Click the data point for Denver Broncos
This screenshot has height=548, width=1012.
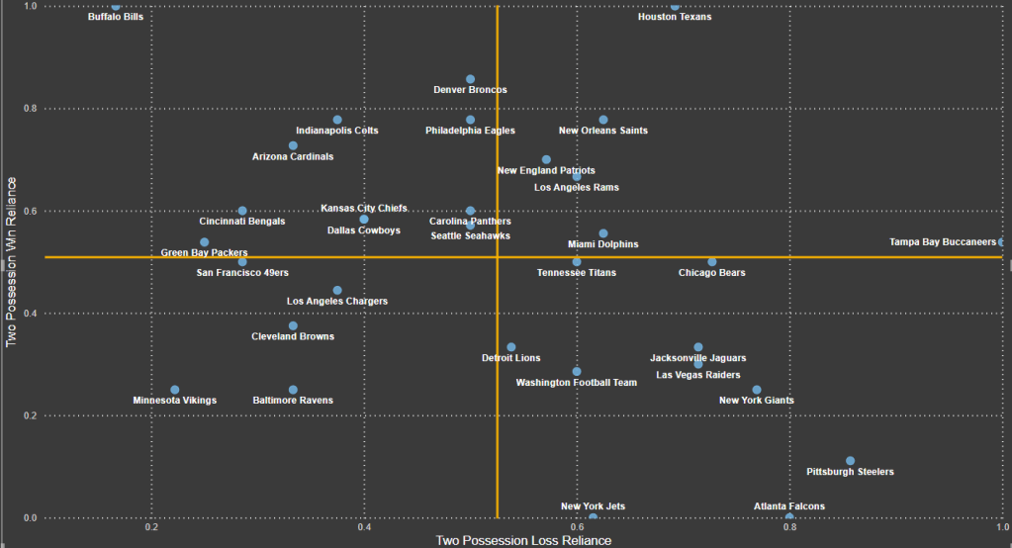(470, 79)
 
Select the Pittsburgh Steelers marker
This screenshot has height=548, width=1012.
(850, 461)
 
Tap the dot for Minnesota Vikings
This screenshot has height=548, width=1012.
(175, 390)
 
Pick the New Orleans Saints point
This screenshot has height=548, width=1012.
(603, 120)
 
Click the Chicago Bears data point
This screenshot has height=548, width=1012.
(711, 262)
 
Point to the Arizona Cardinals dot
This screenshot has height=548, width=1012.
(293, 145)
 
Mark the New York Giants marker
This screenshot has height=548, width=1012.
(757, 390)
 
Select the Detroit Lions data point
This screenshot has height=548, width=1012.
(510, 347)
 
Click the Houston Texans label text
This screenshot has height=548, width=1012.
(675, 17)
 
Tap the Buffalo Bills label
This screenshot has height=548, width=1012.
(116, 17)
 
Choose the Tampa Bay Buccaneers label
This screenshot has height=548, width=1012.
(942, 242)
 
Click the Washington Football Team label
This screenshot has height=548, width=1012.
(577, 383)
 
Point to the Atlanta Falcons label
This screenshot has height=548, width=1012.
(788, 506)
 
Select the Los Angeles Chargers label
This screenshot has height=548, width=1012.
(337, 301)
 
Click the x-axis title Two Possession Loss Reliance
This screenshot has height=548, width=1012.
(523, 540)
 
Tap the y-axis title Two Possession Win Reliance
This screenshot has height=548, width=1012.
(11, 262)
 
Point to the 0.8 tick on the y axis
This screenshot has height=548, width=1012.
(31, 109)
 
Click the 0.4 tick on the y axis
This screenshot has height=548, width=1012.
(31, 314)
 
